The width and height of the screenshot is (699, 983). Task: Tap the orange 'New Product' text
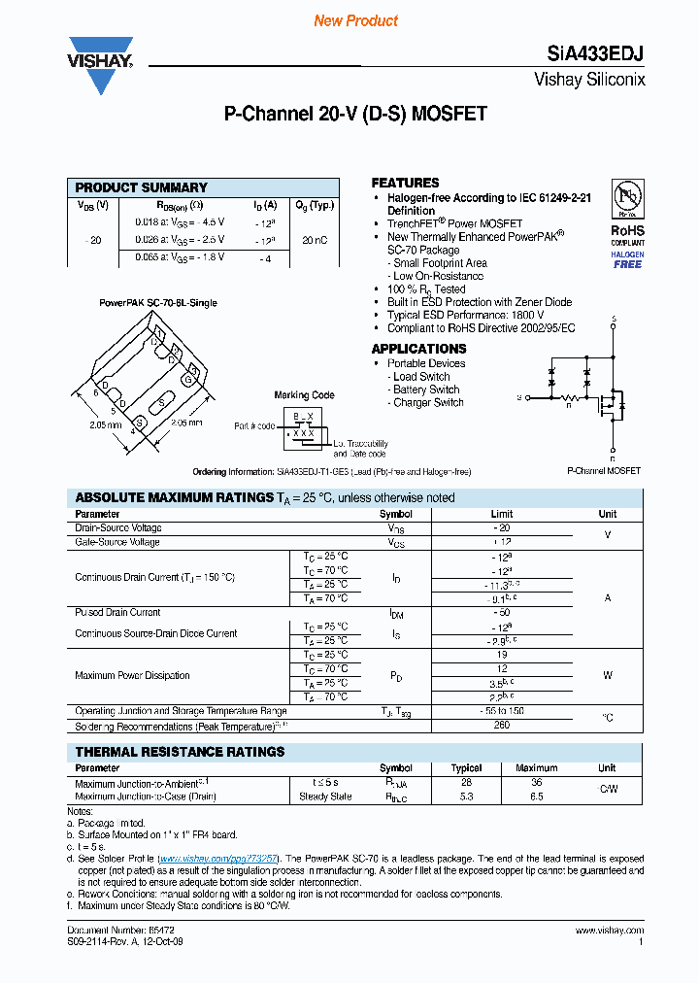point(355,20)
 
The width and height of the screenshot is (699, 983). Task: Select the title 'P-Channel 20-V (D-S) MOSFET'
point(355,114)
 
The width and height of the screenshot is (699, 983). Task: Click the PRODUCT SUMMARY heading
point(142,187)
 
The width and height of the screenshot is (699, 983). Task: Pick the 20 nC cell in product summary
point(314,239)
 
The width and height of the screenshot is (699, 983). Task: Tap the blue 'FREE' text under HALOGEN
point(627,264)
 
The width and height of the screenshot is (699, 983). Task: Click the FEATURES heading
point(405,183)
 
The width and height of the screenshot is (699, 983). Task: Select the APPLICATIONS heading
point(418,349)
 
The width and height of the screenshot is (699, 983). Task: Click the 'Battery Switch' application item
point(426,390)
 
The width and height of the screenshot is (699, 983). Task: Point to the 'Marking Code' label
point(304,395)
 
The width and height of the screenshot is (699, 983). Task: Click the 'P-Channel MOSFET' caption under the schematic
point(604,470)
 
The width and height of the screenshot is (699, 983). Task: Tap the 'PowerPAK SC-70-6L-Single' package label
point(158,303)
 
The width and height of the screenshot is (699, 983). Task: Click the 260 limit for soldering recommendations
point(502,726)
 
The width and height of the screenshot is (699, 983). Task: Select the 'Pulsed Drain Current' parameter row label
point(117,613)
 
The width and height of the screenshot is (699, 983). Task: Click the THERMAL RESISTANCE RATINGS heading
point(180,752)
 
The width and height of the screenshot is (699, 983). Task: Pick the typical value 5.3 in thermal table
point(467,797)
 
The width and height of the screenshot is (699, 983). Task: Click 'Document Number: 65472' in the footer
point(107,931)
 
